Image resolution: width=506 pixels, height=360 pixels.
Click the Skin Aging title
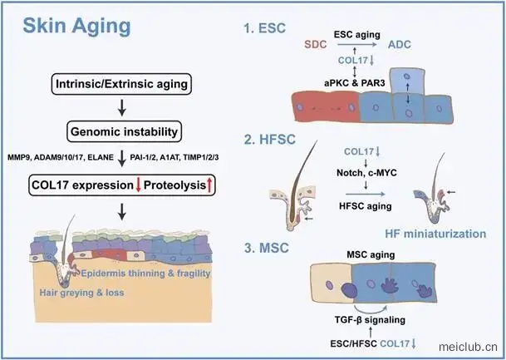point(76,27)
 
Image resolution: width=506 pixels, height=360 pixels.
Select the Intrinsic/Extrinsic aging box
point(121,84)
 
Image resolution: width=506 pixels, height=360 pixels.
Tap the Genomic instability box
point(125,131)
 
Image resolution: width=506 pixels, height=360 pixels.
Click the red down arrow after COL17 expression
point(139,185)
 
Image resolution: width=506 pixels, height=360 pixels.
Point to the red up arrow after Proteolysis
point(209,185)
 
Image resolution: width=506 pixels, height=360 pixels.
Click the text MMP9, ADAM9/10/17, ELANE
point(61,158)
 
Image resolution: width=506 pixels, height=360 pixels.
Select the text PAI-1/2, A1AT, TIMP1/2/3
point(174,158)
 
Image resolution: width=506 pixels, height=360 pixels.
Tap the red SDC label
point(315,44)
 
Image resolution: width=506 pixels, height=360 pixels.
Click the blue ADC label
point(399,44)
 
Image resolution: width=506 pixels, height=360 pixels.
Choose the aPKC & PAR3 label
point(354,83)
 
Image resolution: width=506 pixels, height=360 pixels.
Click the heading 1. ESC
point(265,28)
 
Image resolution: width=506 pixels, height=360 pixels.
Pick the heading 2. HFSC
point(270,140)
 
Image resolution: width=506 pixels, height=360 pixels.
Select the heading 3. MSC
point(266,248)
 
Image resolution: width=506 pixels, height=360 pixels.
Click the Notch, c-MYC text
point(366,173)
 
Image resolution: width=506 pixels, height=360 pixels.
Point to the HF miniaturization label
point(435,234)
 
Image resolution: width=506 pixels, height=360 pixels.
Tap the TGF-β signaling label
point(370,320)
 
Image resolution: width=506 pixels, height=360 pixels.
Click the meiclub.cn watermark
point(468,347)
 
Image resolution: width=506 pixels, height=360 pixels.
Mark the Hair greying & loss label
point(81,293)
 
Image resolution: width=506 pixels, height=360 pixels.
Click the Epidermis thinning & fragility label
point(145,274)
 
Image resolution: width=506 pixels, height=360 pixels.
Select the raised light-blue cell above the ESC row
point(408,81)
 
